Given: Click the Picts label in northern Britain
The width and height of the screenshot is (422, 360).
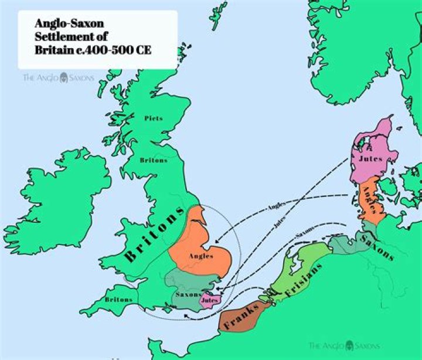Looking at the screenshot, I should (154, 118).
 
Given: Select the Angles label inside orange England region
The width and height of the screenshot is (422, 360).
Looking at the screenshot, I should (200, 256).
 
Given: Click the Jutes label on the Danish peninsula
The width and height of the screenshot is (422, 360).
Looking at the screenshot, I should (370, 159).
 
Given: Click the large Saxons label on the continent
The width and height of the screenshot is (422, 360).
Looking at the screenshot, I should (377, 246).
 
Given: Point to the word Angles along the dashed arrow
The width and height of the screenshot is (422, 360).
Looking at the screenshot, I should (276, 206).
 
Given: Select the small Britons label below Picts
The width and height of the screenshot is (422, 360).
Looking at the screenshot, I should (154, 160).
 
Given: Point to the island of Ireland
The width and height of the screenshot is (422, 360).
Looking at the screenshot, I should (59, 193).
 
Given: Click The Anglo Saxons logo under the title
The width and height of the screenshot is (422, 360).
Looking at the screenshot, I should (58, 77).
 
